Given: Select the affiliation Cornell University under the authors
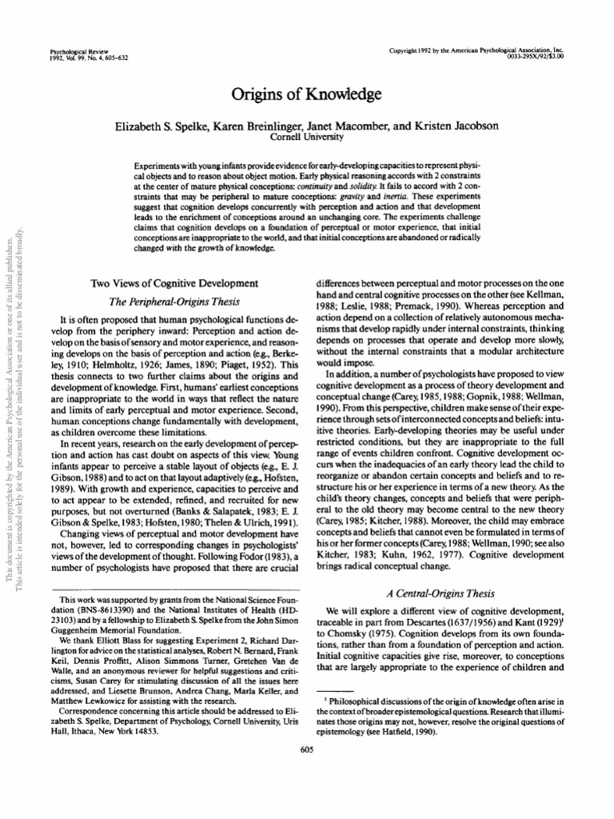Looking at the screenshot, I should click(x=306, y=138).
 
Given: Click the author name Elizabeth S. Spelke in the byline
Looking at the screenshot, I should click(x=165, y=127).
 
